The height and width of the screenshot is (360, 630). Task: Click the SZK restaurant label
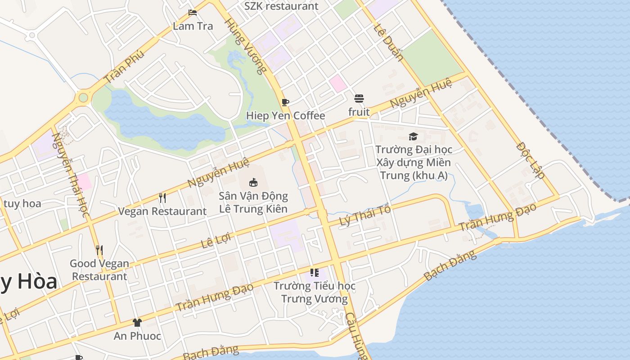point(281,6)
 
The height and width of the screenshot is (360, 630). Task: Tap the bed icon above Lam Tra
point(193,13)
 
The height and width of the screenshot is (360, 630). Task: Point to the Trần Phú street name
point(124,66)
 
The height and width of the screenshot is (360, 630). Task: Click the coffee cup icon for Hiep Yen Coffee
point(285,102)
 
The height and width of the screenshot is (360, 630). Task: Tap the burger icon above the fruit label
point(359,98)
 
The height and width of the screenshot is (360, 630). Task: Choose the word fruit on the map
point(359,112)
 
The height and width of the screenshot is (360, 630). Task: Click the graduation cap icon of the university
point(413,136)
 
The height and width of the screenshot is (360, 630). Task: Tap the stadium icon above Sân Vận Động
point(253,182)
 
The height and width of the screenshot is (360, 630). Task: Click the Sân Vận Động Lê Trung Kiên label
point(253,202)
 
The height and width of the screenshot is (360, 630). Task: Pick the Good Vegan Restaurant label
point(99,270)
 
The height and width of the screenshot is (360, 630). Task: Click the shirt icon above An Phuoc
point(137,322)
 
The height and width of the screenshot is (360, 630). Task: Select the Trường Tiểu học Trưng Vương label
point(315,292)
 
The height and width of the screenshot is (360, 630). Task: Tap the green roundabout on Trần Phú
point(83,97)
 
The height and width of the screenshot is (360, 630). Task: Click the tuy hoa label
point(22,203)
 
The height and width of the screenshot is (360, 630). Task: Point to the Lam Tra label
point(193,26)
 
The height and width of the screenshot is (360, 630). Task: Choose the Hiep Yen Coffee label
point(285,116)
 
